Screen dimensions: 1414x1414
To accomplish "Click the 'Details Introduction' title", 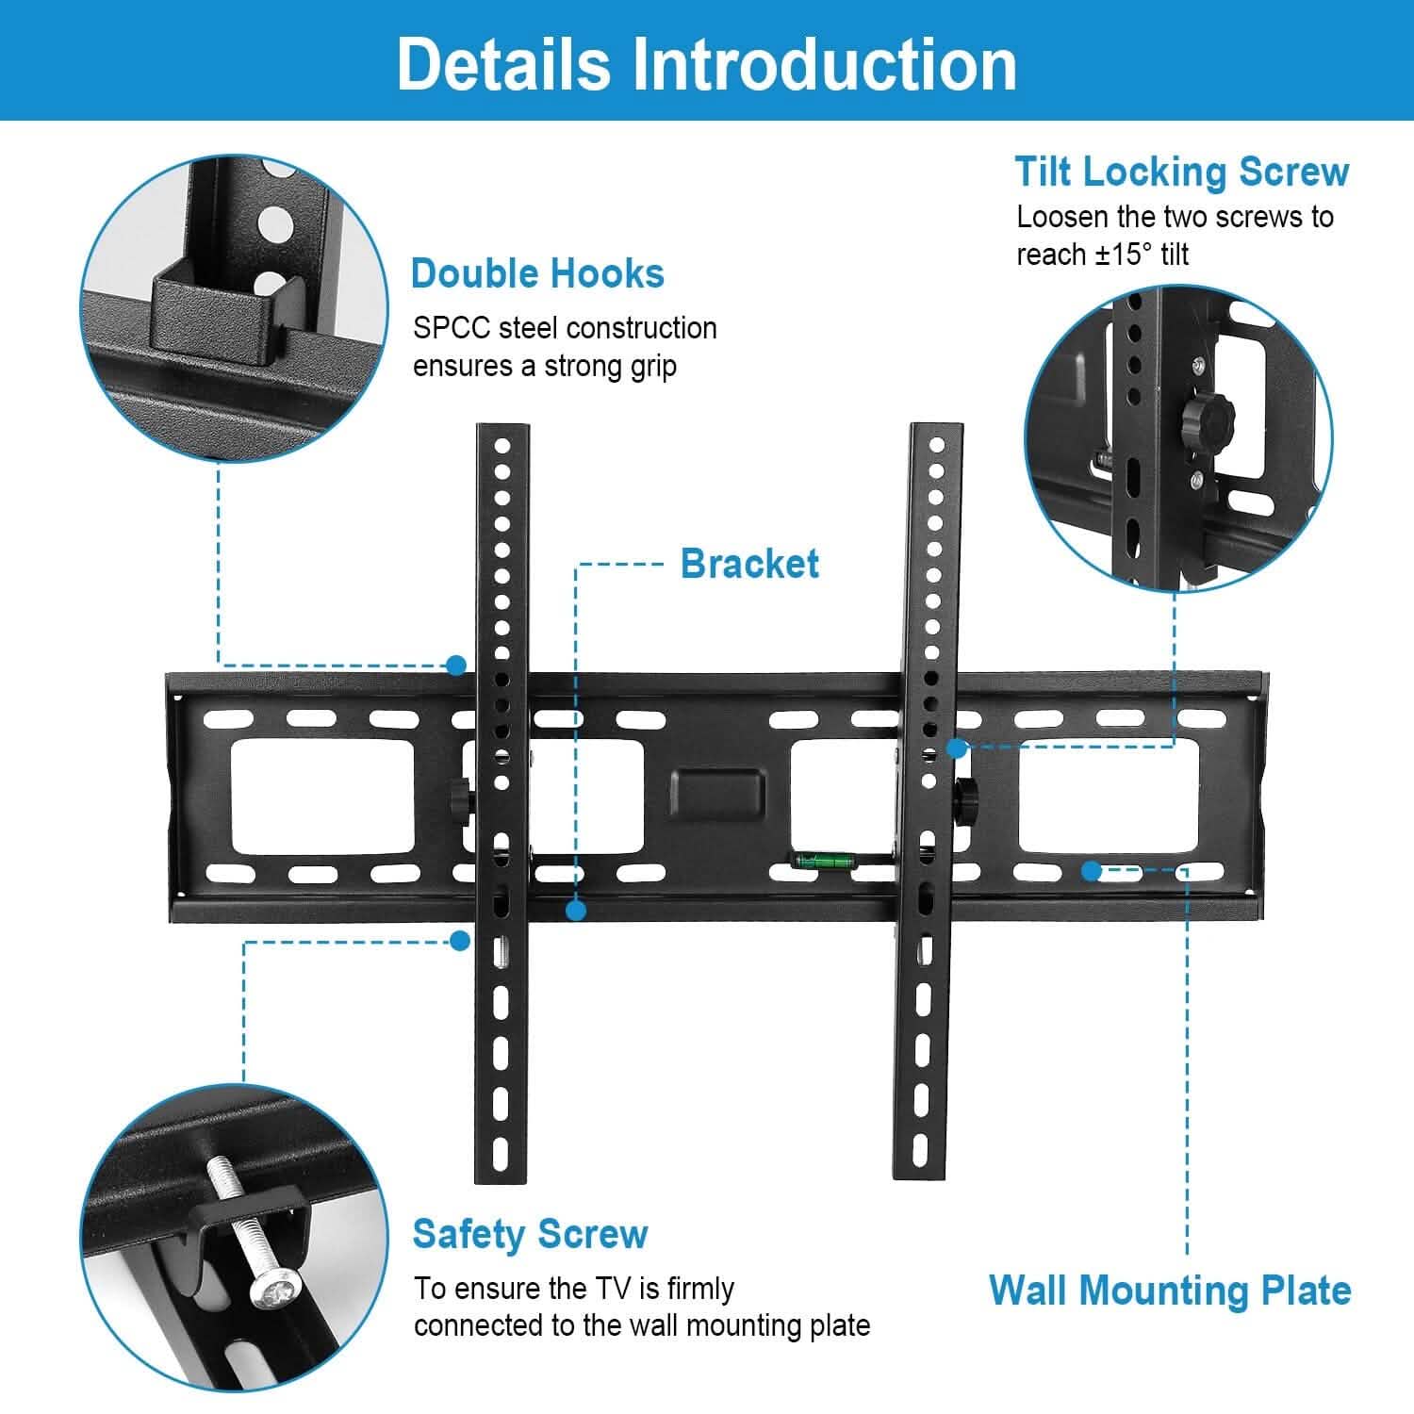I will click(706, 64).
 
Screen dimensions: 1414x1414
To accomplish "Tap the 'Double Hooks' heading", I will click(537, 273).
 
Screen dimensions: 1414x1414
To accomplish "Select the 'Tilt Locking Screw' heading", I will click(1181, 172).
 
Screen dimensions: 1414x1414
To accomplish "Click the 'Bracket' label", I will click(749, 564).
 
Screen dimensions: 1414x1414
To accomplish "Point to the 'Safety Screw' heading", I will click(530, 1234).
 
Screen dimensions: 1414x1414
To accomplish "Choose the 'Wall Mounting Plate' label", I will click(1170, 1290).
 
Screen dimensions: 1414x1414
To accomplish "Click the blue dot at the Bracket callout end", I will click(576, 911).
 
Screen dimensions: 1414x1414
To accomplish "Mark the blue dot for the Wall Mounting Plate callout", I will click(1092, 871).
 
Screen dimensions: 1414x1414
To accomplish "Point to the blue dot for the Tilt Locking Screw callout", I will click(957, 748).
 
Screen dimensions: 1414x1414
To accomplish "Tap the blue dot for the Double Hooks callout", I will click(457, 666).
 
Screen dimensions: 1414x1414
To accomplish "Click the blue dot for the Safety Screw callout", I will click(460, 941).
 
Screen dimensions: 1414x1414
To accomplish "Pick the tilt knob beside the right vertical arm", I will click(967, 797).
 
